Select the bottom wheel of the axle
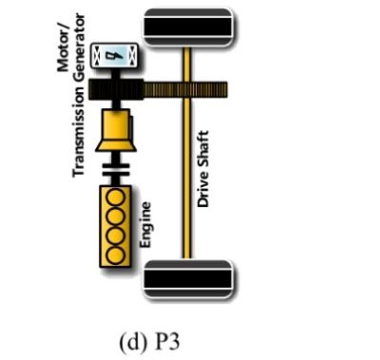187,277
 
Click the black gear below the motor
115,89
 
